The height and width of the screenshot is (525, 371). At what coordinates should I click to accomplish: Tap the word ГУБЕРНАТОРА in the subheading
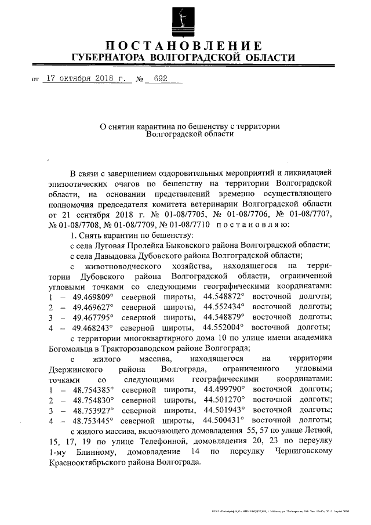(x=108, y=58)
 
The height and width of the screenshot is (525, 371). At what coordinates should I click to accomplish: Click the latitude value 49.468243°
(x=93, y=328)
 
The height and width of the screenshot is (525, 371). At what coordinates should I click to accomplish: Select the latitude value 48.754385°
(x=93, y=389)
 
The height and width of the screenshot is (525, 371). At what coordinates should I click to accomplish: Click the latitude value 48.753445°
(x=93, y=421)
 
